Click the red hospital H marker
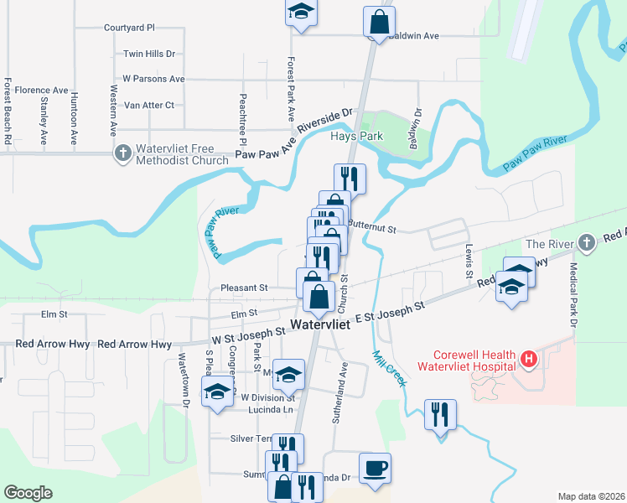(x=529, y=360)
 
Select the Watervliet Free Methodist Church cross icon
(x=123, y=153)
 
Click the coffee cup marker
(x=375, y=467)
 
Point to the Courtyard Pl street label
(x=129, y=28)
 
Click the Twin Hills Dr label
(x=148, y=54)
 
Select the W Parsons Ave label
(x=153, y=79)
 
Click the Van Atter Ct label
(x=148, y=106)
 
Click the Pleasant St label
(x=243, y=288)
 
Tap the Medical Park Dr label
(x=574, y=295)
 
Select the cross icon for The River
(x=588, y=243)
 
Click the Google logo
(x=28, y=493)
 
